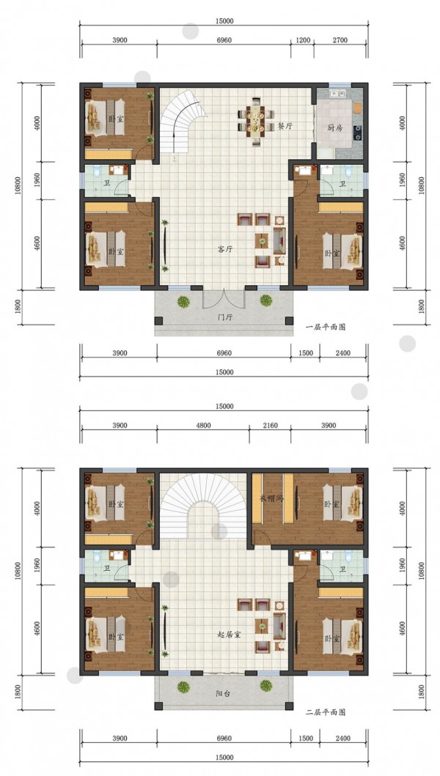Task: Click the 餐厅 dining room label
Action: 285,126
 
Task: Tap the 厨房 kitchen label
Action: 334,127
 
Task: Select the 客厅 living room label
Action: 225,249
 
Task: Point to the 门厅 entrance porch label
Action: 225,317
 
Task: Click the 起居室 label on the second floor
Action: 229,635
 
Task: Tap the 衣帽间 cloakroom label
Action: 271,498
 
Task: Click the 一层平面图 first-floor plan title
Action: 326,327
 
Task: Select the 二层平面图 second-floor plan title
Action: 326,712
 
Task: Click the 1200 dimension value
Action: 303,40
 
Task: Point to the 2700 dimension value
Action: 340,40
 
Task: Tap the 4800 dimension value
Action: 203,425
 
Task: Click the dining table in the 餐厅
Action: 256,122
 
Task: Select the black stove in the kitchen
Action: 357,131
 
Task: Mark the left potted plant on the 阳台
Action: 184,687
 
